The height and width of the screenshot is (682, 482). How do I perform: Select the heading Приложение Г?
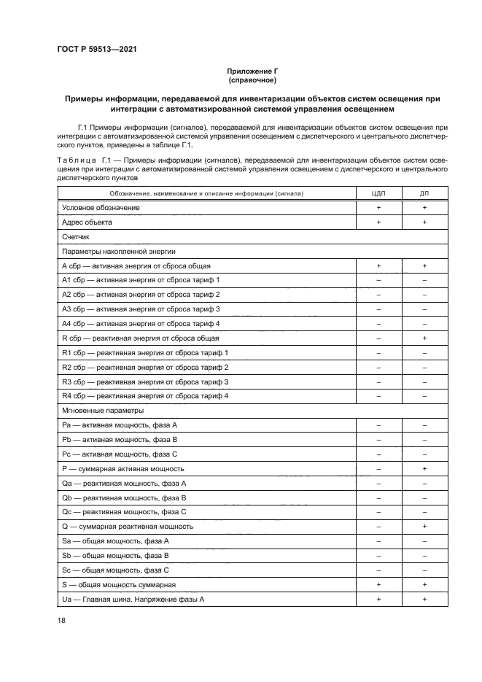coord(252,71)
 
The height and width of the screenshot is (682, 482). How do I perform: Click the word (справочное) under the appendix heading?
coord(252,80)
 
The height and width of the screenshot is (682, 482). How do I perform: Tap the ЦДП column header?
coord(378,193)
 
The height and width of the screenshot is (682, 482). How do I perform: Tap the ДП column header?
coord(424,193)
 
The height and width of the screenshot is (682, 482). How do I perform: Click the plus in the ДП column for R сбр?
coord(424,338)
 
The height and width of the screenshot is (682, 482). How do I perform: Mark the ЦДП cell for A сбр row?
coord(378,266)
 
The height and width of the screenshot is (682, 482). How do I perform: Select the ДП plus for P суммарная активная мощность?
coord(424,468)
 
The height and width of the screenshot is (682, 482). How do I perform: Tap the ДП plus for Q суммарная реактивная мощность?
coord(424,526)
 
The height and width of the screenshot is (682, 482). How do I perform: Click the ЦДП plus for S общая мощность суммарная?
coord(378,584)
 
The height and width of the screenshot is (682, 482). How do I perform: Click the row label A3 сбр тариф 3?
coord(141,309)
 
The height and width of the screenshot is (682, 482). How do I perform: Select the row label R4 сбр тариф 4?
coord(145,396)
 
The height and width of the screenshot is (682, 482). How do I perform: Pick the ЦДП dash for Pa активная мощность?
coord(378,425)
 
